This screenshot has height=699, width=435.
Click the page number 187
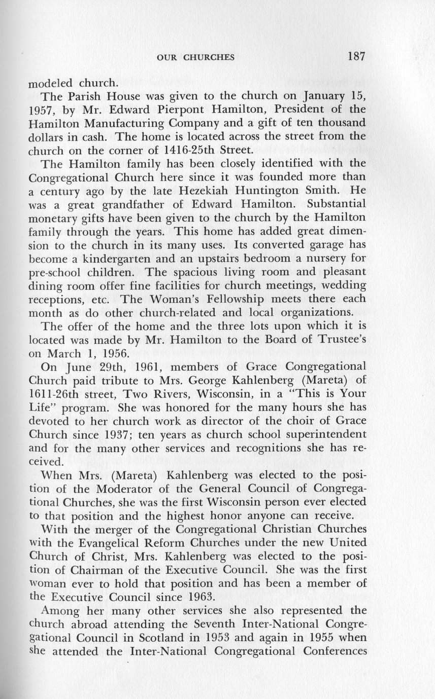[x=356, y=56]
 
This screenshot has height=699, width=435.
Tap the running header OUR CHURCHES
[x=195, y=57]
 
